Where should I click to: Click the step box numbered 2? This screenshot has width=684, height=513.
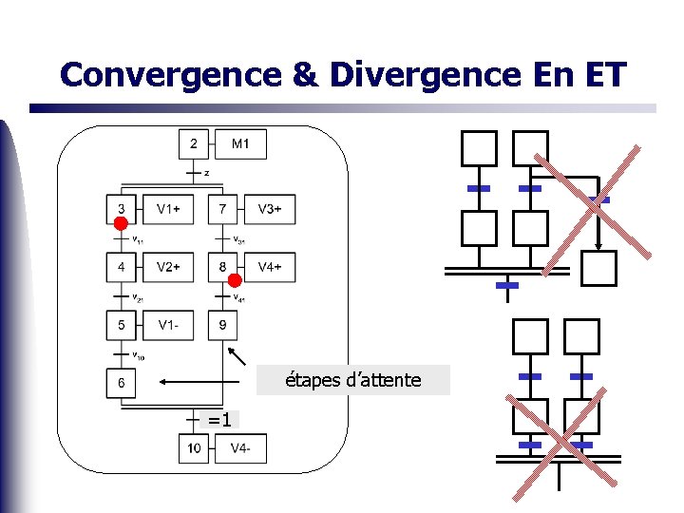pyautogui.click(x=194, y=144)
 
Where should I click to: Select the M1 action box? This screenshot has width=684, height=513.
pyautogui.click(x=241, y=144)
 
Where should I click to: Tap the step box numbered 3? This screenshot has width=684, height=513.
pyautogui.click(x=121, y=209)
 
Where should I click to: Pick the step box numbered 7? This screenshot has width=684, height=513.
pyautogui.click(x=222, y=209)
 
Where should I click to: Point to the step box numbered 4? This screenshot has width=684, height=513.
pyautogui.click(x=121, y=267)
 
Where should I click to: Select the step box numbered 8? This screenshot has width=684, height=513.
pyautogui.click(x=222, y=267)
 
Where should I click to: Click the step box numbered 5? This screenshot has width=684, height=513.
pyautogui.click(x=121, y=326)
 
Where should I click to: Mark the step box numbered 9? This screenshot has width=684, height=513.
pyautogui.click(x=222, y=326)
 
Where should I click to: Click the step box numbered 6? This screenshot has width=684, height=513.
pyautogui.click(x=121, y=383)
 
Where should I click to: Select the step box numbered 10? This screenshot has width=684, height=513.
pyautogui.click(x=194, y=447)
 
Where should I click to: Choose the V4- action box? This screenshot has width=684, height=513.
pyautogui.click(x=241, y=447)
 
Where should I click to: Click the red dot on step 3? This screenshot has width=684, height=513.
pyautogui.click(x=120, y=223)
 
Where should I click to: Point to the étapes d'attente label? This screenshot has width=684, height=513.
pyautogui.click(x=353, y=381)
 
